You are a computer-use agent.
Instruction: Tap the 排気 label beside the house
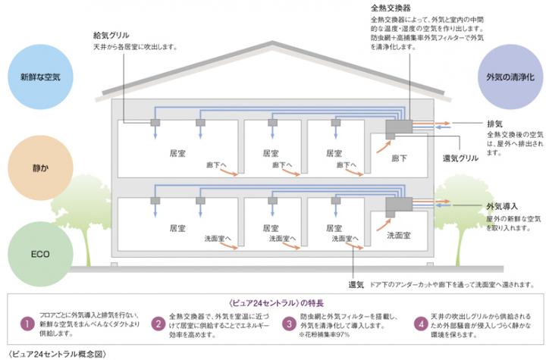494,123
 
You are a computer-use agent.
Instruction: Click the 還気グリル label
460,158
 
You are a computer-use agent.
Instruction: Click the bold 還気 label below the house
356,284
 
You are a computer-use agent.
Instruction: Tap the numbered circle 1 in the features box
24,324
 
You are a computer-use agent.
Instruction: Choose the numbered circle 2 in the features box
157,324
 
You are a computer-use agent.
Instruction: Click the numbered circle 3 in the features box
289,324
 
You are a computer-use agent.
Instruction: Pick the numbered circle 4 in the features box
421,324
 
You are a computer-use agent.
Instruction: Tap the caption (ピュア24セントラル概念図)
52,353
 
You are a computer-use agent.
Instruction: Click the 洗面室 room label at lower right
399,235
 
